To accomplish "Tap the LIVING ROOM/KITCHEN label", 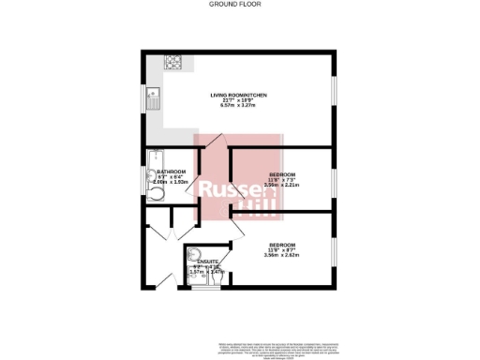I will pos(239,95).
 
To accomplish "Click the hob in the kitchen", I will pos(173,64).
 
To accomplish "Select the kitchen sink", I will pos(151,94).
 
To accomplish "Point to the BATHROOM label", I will pos(172,172).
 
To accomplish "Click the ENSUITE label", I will pos(208,261).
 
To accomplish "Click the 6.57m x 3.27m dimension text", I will pos(239,106).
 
